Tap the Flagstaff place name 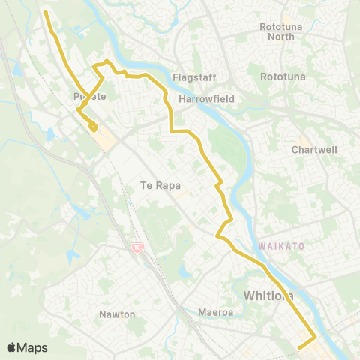click(193, 77)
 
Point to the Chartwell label click(314, 150)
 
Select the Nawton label click(118, 314)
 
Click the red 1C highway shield click(136, 247)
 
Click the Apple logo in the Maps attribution click(11, 347)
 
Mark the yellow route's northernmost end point click(45, 12)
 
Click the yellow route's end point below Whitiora click(299, 346)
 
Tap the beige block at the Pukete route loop click(106, 137)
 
